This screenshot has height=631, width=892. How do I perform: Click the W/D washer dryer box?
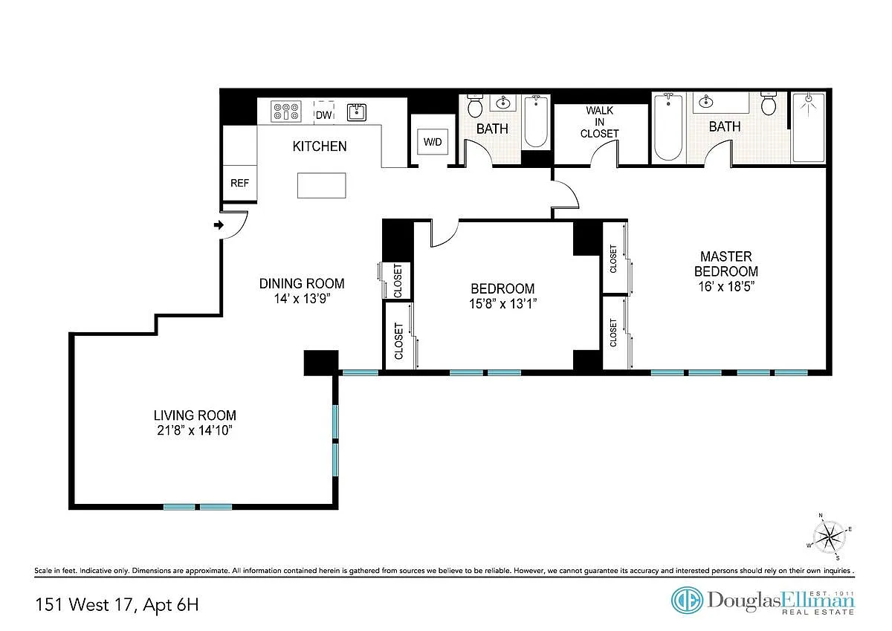click(433, 142)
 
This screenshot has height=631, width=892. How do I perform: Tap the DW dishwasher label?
click(324, 115)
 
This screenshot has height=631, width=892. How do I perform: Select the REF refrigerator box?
click(239, 183)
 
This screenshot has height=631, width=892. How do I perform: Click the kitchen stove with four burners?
click(286, 111)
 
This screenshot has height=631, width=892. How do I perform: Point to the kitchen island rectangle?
click(321, 185)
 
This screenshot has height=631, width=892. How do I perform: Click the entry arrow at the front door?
click(219, 225)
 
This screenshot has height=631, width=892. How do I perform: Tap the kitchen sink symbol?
click(356, 112)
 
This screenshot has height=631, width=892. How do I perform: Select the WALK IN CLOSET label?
click(599, 122)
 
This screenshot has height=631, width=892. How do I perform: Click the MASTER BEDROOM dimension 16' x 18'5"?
click(726, 286)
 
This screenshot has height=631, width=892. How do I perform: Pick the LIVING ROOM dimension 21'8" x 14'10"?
click(195, 430)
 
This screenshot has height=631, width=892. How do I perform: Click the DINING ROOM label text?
click(302, 283)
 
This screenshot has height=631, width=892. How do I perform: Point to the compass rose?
click(829, 537)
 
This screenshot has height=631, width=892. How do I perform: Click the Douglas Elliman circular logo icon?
click(687, 601)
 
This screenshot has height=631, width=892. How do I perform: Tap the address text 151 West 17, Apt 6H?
click(117, 604)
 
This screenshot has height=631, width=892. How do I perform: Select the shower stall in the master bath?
click(809, 127)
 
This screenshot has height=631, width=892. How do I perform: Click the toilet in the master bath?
click(768, 104)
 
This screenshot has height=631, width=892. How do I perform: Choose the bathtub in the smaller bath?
click(536, 121)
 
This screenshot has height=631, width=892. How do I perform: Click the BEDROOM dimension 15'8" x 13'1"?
click(503, 304)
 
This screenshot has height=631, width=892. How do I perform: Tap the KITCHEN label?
click(320, 146)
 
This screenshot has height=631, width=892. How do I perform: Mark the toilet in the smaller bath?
click(475, 106)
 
